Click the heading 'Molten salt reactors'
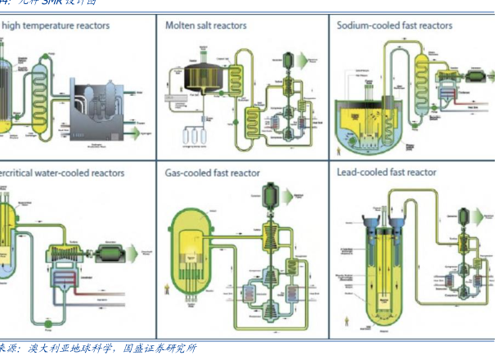205,25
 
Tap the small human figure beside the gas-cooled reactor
168,287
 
